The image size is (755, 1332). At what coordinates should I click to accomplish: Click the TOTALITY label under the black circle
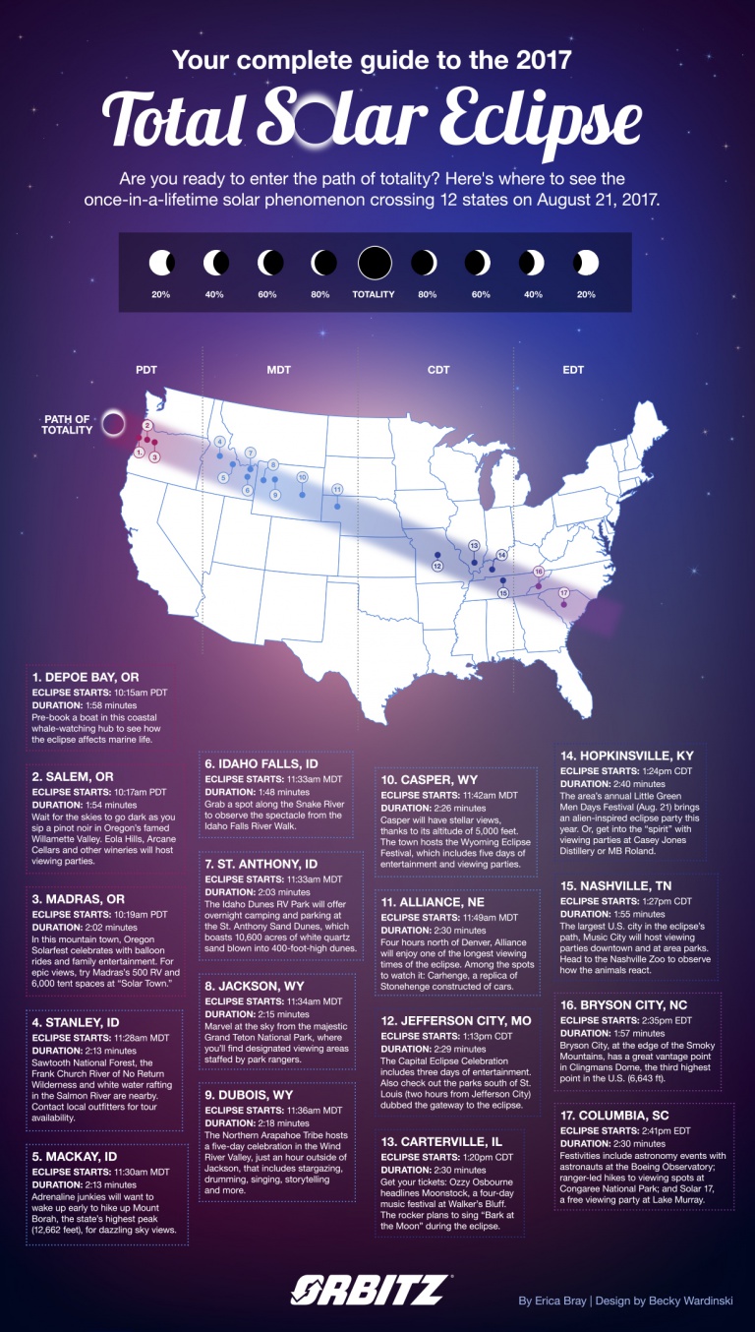[374, 294]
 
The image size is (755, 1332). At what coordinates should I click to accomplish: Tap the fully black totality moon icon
[375, 264]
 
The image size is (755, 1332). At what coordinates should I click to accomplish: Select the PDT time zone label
[145, 371]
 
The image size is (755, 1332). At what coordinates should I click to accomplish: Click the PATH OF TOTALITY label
[68, 425]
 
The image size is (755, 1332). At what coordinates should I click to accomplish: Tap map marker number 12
[437, 566]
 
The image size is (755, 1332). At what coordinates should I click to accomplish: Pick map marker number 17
[564, 593]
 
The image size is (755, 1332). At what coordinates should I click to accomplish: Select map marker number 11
[337, 489]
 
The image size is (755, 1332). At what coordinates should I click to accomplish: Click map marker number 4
[220, 442]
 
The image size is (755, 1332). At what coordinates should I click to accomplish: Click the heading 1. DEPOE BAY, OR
[87, 678]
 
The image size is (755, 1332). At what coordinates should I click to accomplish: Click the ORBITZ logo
[372, 1290]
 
